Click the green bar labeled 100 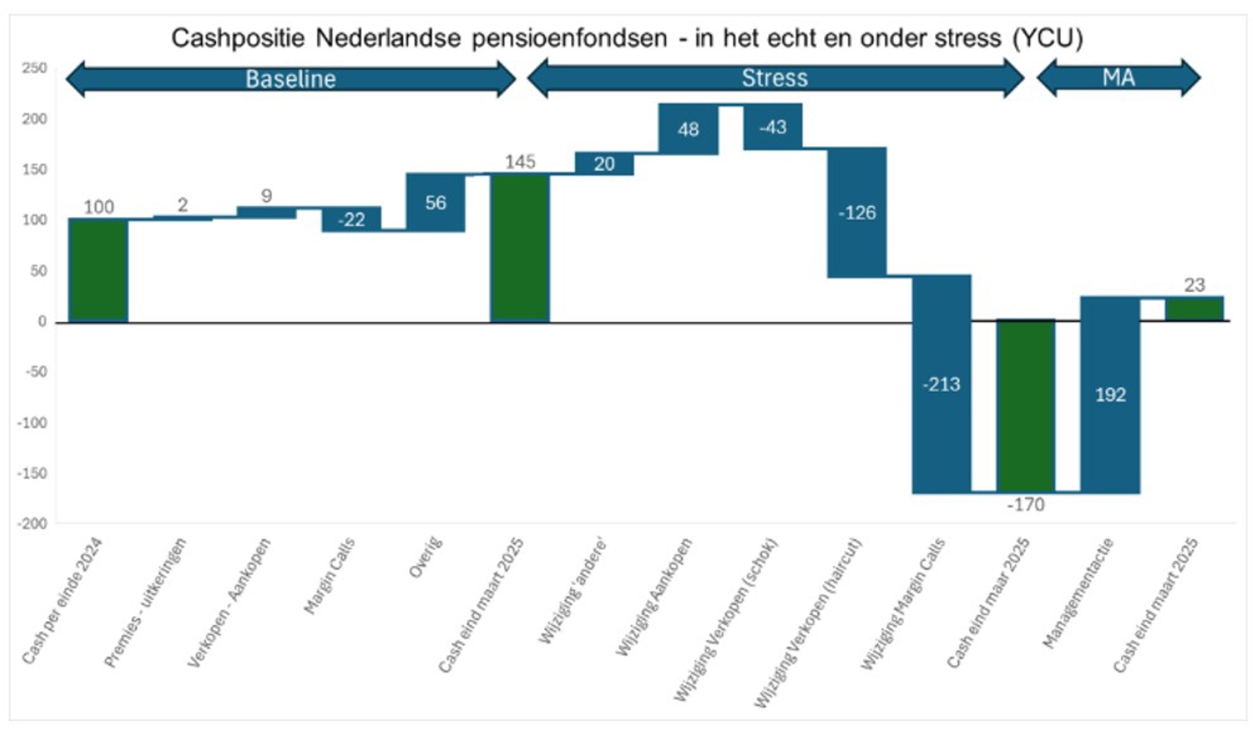[98, 270]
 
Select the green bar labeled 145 [520, 248]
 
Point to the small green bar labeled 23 [1194, 308]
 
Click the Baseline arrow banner [291, 79]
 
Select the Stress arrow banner [775, 78]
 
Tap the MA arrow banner [1118, 77]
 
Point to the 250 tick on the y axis [34, 68]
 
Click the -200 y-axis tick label [32, 524]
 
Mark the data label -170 [1025, 505]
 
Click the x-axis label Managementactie [1079, 593]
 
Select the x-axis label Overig [426, 557]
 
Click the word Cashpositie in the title [237, 38]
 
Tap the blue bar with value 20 [604, 164]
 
